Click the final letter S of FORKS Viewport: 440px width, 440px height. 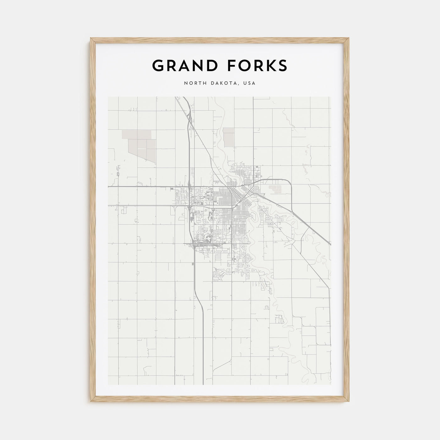(283, 66)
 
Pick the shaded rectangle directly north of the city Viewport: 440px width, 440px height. (228, 136)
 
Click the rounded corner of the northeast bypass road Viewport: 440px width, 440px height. (289, 182)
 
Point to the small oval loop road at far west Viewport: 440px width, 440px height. (118, 174)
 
